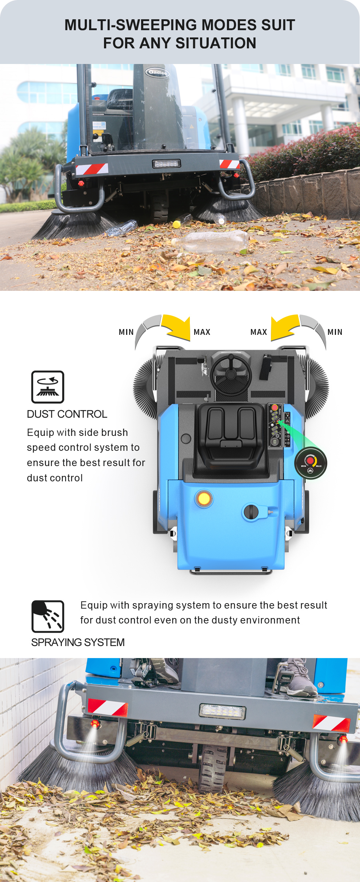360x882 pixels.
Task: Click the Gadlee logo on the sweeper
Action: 157,72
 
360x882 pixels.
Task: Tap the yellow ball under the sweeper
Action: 177,224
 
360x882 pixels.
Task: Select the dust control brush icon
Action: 48,387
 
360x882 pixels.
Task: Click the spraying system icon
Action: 48,616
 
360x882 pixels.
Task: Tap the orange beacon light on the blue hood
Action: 204,498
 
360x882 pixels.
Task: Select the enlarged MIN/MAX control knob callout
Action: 311,463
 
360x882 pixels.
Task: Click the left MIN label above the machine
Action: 126,332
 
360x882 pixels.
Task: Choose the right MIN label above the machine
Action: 335,332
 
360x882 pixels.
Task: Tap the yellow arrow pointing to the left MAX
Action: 177,326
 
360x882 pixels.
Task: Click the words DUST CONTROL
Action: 67,414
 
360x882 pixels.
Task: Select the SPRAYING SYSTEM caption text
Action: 78,642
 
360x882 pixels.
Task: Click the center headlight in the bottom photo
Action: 223,711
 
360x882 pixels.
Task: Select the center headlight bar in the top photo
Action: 166,164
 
